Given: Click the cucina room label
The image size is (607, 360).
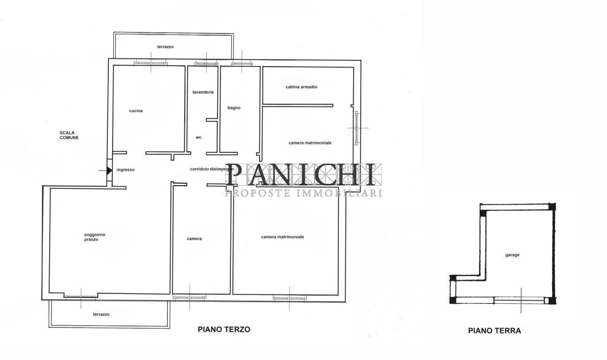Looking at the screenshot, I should (136, 111).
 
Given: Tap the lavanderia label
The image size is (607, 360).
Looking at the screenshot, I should (203, 92).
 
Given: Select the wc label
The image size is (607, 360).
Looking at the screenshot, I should (198, 137).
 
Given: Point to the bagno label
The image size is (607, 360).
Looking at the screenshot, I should (234, 108).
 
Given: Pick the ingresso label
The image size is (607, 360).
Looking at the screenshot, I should (126, 170).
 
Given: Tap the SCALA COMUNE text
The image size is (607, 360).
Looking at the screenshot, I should (69, 135).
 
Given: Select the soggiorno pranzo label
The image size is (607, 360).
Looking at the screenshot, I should (91, 237).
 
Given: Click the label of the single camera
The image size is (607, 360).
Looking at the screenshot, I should (194, 239).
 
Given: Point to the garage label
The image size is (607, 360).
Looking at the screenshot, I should (512, 255).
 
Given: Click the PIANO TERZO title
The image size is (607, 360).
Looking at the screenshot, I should (224, 329).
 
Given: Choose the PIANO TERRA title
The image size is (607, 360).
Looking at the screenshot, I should (494, 330).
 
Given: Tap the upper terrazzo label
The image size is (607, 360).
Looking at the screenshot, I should (166, 47).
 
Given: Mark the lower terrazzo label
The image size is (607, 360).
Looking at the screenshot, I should (101, 315).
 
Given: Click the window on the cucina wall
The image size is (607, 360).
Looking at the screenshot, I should (151, 62).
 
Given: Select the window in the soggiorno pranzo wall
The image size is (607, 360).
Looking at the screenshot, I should (81, 296).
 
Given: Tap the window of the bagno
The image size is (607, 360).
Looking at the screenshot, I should (242, 62).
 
